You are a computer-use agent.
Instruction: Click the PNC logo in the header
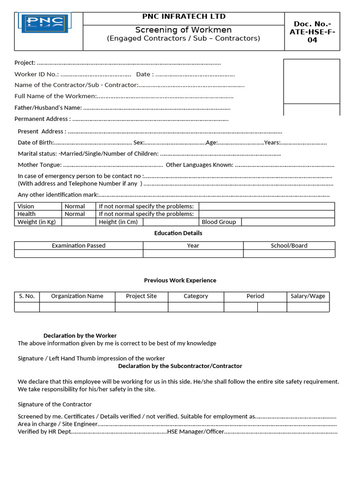point(43,23)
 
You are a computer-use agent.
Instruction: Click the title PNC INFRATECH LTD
point(184,17)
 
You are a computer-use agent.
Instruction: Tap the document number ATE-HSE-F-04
point(312,32)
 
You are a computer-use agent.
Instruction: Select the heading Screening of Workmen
point(184,30)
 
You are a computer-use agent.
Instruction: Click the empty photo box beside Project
point(311,81)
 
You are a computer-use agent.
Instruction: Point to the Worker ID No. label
point(37,74)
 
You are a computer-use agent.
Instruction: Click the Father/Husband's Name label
point(48,108)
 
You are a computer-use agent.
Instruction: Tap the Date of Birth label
point(36,142)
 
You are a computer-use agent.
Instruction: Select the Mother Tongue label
point(40,165)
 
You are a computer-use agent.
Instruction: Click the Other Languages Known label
point(199,165)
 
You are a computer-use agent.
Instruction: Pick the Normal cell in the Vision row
point(75,206)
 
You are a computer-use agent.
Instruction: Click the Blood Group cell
point(219,222)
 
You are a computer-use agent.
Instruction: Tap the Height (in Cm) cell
point(118,222)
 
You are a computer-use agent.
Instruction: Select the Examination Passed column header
point(78,246)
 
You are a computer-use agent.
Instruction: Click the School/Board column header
point(289,246)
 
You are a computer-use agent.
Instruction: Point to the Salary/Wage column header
point(307,296)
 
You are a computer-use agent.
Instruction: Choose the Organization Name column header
point(77,296)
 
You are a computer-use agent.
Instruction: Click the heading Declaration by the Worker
point(80,336)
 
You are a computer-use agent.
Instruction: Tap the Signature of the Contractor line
point(55,404)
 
